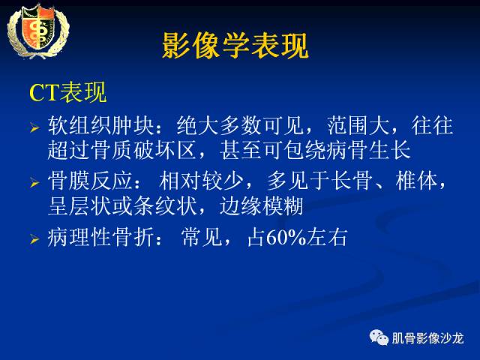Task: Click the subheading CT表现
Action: pos(68,93)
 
